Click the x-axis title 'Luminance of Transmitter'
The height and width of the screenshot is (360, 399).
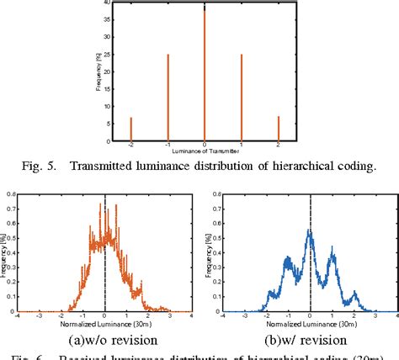pos(205,149)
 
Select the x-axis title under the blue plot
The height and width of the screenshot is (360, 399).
pos(311,322)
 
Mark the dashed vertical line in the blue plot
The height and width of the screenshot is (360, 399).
pos(311,269)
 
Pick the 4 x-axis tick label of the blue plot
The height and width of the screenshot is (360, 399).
pos(396,316)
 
